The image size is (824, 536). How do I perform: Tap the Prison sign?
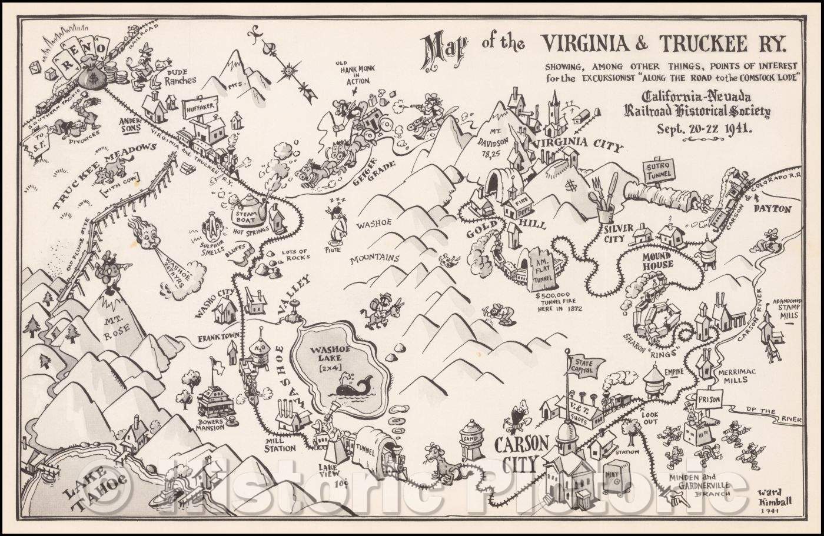708,398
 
